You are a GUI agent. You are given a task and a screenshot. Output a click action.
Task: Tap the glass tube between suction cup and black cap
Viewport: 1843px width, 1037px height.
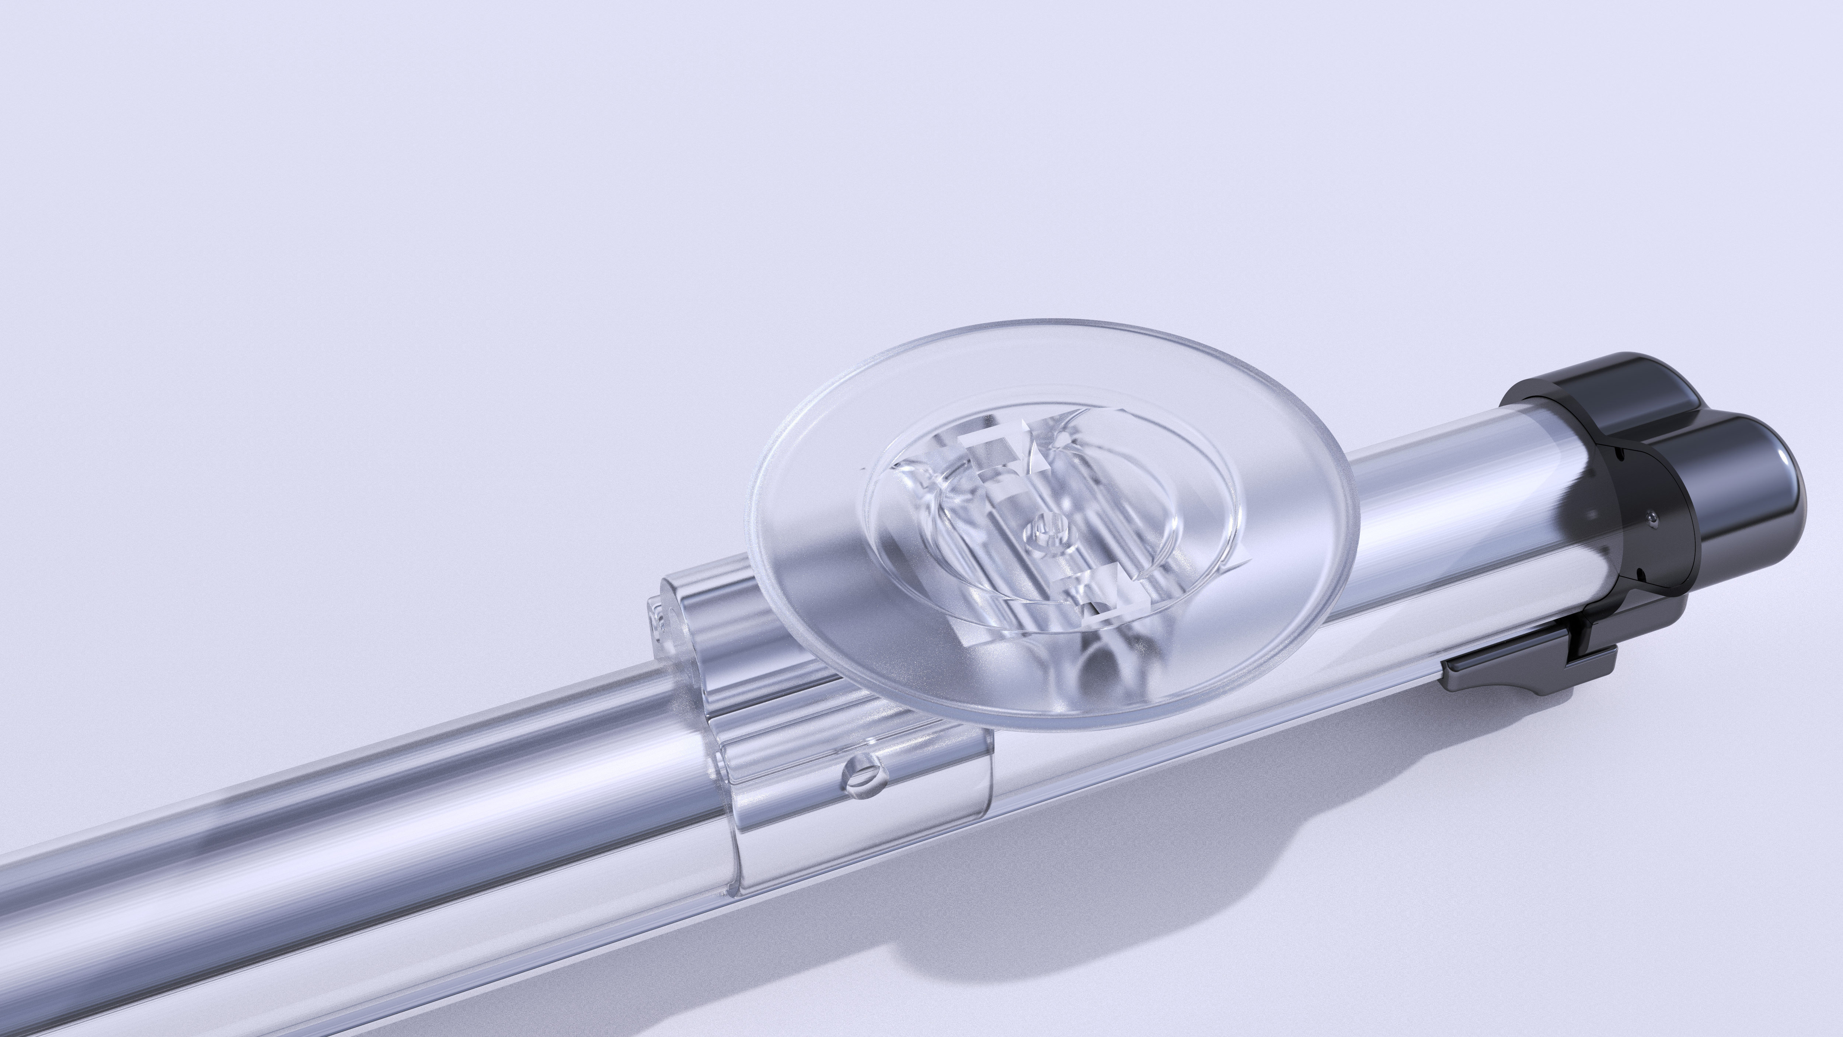pos(1445,522)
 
